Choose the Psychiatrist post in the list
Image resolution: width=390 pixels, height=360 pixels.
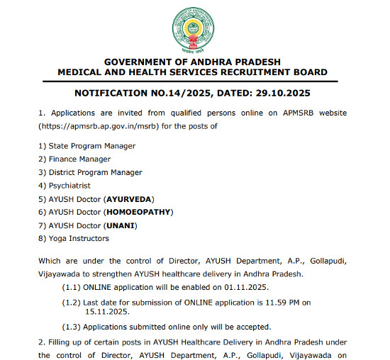click(69, 186)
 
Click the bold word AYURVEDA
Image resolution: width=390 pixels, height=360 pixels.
click(128, 198)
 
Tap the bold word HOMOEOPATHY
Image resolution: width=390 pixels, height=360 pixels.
click(138, 212)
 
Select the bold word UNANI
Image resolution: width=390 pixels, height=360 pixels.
click(120, 225)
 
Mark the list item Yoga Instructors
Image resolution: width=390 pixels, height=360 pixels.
click(78, 239)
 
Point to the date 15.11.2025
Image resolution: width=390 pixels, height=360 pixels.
click(106, 311)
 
